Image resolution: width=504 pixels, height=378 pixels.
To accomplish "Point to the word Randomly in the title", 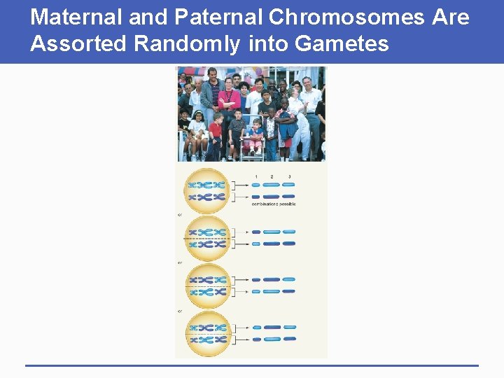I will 187,44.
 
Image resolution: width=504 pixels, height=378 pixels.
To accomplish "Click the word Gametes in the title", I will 342,44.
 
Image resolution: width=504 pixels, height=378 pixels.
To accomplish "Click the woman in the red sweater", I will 228,101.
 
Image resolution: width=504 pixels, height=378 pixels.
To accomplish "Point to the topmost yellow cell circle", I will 206,190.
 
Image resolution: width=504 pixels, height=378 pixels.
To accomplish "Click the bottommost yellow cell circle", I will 206,333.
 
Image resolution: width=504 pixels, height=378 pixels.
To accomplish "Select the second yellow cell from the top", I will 206,238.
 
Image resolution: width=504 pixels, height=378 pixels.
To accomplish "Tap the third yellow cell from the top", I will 206,286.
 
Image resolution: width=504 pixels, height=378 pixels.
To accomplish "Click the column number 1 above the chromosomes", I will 256,176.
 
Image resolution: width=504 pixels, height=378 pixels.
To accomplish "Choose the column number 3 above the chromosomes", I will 289,176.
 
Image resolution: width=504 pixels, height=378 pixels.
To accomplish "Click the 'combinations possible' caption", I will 274,204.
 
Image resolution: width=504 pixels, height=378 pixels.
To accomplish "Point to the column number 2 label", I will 272,176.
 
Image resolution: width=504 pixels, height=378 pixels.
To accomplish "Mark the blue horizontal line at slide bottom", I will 252,365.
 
